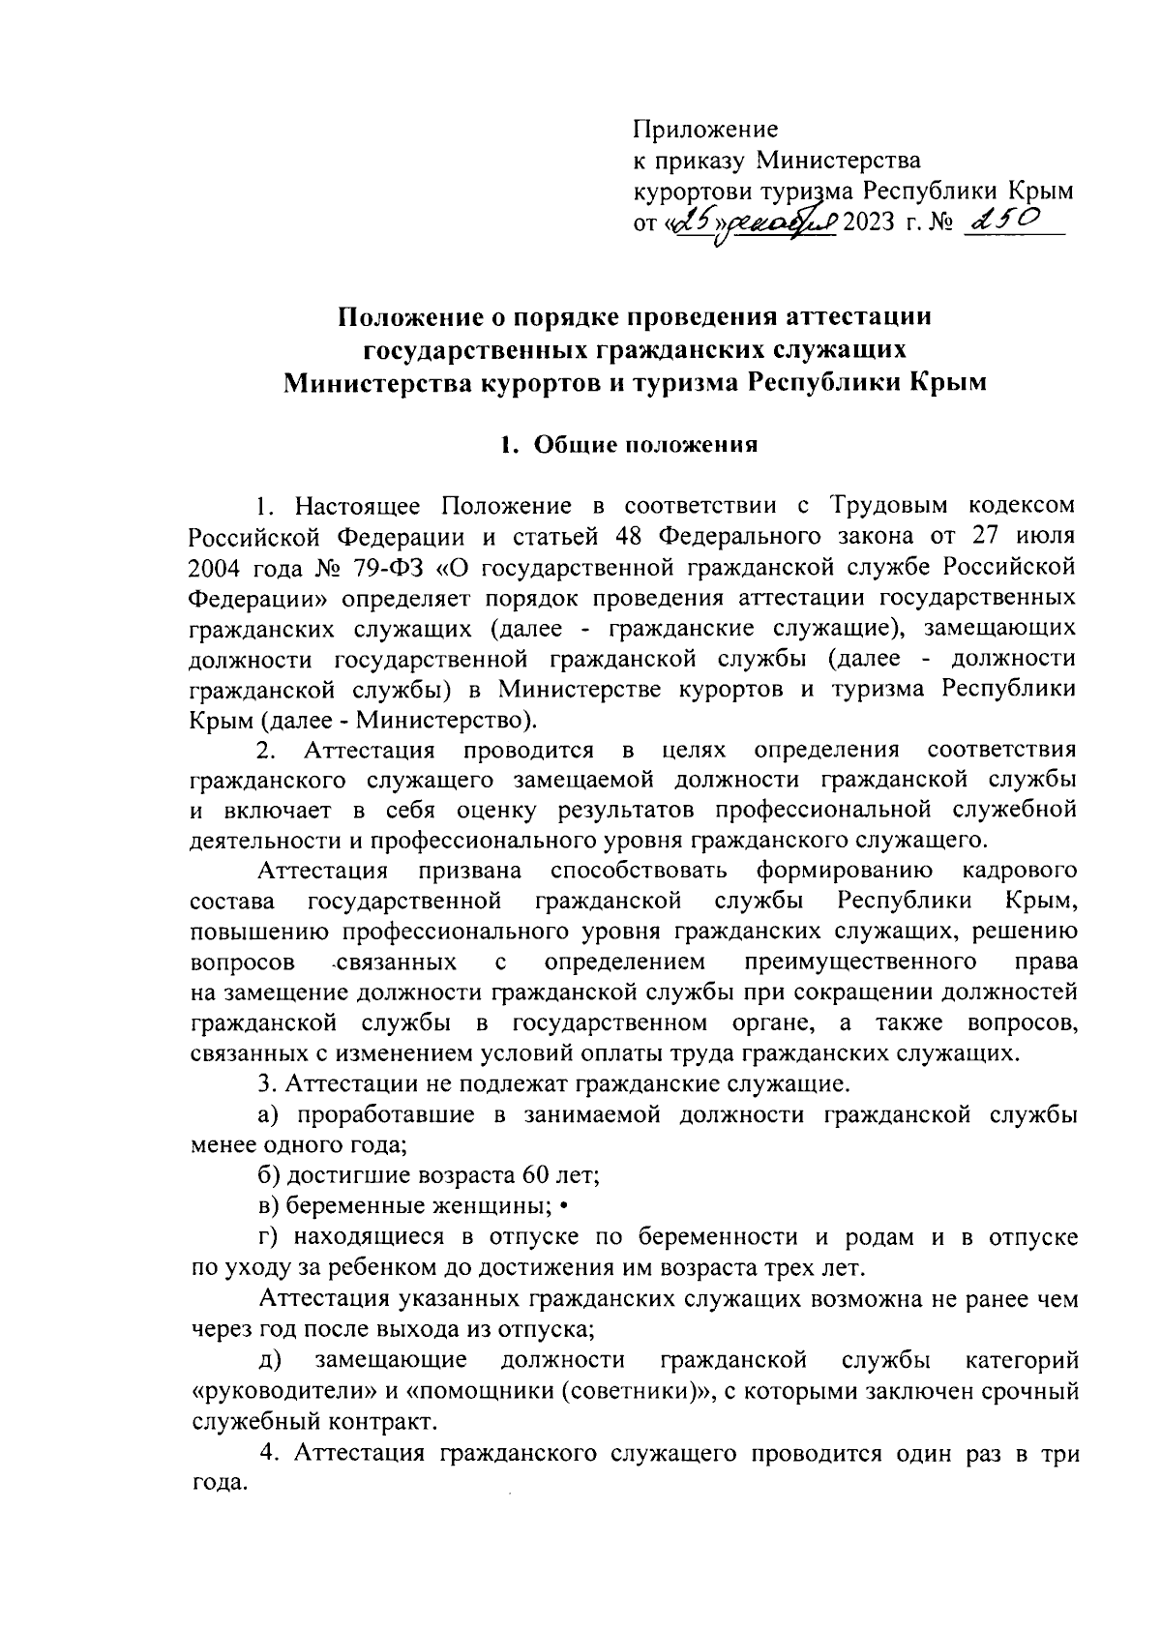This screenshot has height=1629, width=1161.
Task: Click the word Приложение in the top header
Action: [x=705, y=129]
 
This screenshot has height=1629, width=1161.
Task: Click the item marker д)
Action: [x=271, y=1359]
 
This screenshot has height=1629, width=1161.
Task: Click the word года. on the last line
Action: [x=220, y=1484]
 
